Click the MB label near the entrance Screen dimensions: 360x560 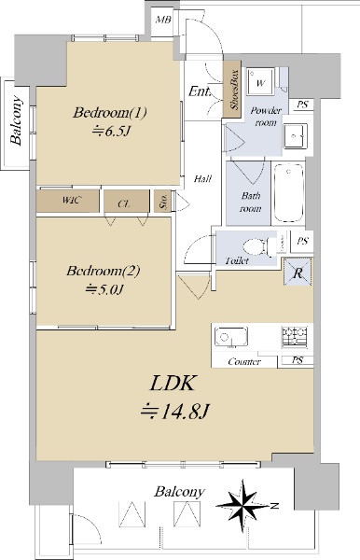click(x=163, y=20)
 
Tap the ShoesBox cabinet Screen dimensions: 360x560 click(x=232, y=89)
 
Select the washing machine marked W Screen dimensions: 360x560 click(x=261, y=82)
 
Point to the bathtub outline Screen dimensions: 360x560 click(x=289, y=193)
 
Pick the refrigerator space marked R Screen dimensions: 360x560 click(x=298, y=273)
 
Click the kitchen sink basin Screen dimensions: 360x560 click(x=231, y=337)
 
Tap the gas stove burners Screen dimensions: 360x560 click(x=295, y=337)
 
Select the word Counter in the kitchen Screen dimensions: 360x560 click(x=244, y=362)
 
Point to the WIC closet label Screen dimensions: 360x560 click(x=72, y=200)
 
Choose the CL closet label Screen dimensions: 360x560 click(x=124, y=203)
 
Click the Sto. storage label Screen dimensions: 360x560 click(x=163, y=201)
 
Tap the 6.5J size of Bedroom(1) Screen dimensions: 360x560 click(x=111, y=132)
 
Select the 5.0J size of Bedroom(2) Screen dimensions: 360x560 click(x=104, y=289)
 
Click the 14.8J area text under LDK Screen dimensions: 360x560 click(x=174, y=412)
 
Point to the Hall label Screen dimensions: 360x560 click(x=202, y=178)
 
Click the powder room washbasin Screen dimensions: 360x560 click(x=296, y=135)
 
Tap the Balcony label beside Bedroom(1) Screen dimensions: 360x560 click(x=16, y=120)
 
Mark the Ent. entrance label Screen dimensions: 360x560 click(x=199, y=91)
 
